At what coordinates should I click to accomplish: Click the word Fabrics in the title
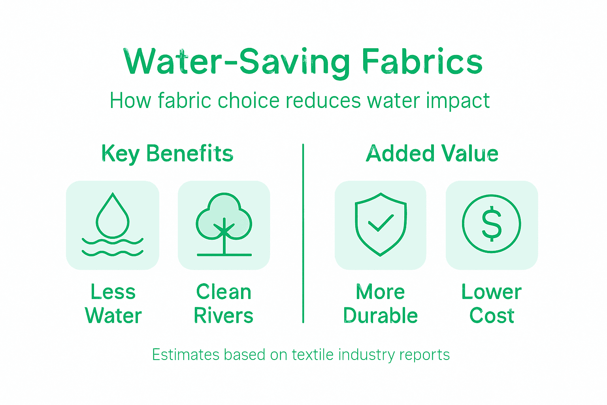(422, 62)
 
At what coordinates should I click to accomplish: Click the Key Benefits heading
(167, 153)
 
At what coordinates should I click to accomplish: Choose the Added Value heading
(432, 153)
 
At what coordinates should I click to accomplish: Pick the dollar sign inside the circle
(492, 224)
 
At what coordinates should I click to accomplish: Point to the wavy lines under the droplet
(113, 247)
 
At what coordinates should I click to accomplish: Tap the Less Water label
(113, 304)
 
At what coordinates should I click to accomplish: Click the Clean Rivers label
(224, 304)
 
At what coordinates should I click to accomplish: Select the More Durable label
(380, 304)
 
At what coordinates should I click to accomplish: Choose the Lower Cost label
(492, 304)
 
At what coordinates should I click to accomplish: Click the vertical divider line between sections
(303, 233)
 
